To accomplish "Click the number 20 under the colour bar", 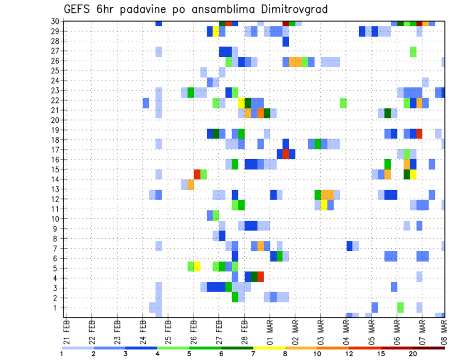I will coord(413,354).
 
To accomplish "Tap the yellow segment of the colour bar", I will coord(269,348).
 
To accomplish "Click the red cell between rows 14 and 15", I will coord(197,174).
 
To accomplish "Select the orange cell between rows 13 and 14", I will coord(191,184).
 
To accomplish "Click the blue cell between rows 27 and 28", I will coord(285,42).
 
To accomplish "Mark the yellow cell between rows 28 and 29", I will coord(216,32).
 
